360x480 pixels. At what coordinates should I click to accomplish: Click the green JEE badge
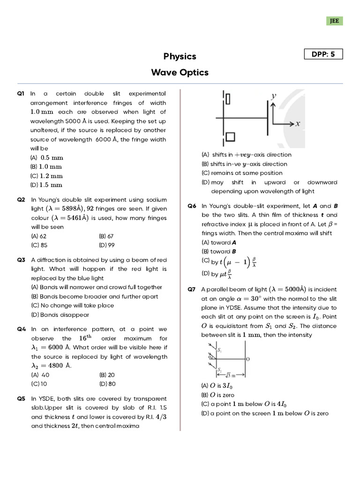click(335, 21)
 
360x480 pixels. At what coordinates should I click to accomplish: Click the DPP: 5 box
click(323, 54)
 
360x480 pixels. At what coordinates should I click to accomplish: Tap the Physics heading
click(180, 56)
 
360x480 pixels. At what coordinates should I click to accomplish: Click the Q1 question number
click(21, 94)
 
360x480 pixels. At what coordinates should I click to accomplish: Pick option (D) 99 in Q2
click(106, 245)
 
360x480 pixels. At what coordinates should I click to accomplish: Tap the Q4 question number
click(21, 329)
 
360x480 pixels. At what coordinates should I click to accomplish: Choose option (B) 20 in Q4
click(107, 375)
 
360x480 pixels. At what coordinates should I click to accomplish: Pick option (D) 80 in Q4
click(107, 384)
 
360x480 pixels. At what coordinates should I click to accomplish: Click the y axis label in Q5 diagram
click(274, 96)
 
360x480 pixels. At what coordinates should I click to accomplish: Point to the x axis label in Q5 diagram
click(298, 124)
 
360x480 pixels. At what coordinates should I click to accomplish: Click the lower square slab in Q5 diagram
click(230, 136)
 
